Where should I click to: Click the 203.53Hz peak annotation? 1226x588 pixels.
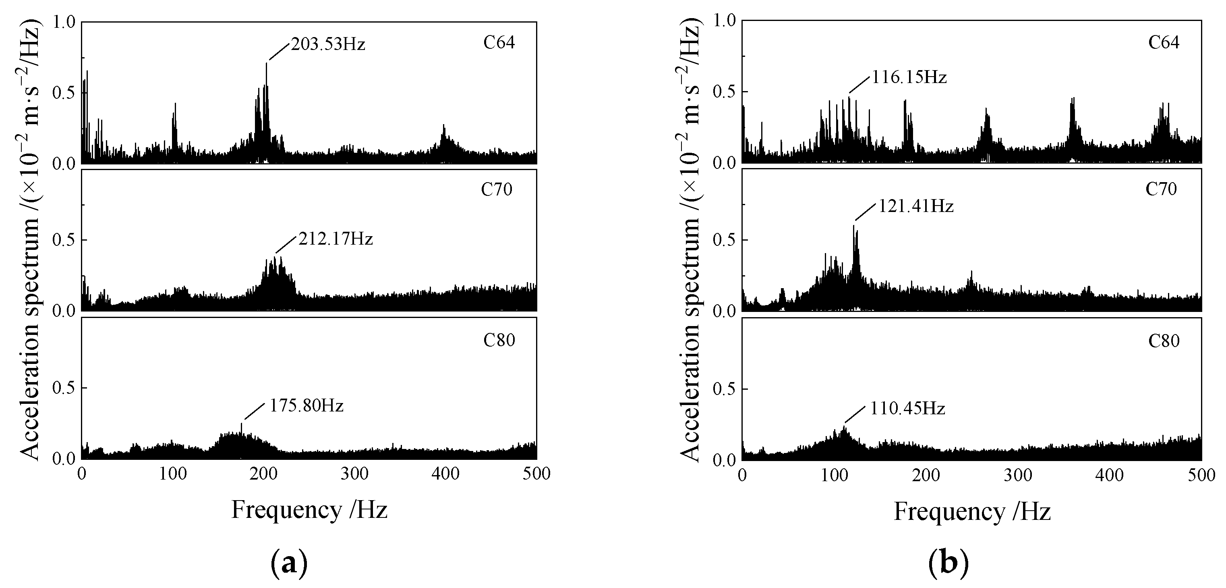pyautogui.click(x=328, y=45)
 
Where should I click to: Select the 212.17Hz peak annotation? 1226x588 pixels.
pyautogui.click(x=335, y=239)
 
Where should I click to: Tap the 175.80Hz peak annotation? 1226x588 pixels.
pyautogui.click(x=306, y=406)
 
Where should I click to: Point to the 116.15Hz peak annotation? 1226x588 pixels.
pyautogui.click(x=909, y=77)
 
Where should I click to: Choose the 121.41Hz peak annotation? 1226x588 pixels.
pyautogui.click(x=916, y=206)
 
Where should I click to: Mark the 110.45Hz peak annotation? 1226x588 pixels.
pyautogui.click(x=907, y=409)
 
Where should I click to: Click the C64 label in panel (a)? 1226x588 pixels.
pyautogui.click(x=499, y=42)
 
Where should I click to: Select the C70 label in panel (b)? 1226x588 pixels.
pyautogui.click(x=1161, y=189)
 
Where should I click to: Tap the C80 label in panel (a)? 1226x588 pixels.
pyautogui.click(x=499, y=340)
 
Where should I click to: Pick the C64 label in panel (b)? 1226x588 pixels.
pyautogui.click(x=1164, y=42)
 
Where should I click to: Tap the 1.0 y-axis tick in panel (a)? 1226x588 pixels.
pyautogui.click(x=65, y=22)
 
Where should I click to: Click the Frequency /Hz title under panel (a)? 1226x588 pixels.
pyautogui.click(x=309, y=509)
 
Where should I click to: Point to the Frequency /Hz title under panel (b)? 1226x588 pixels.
pyautogui.click(x=972, y=511)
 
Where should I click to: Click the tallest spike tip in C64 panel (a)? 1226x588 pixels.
pyautogui.click(x=267, y=63)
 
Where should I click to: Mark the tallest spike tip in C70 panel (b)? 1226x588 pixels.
pyautogui.click(x=853, y=225)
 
